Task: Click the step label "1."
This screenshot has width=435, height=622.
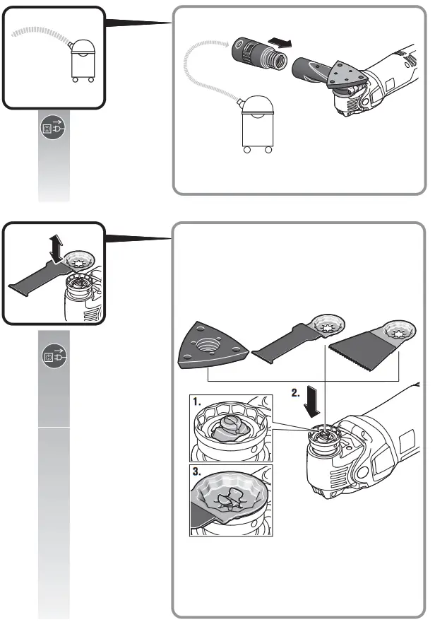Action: coord(199,401)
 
